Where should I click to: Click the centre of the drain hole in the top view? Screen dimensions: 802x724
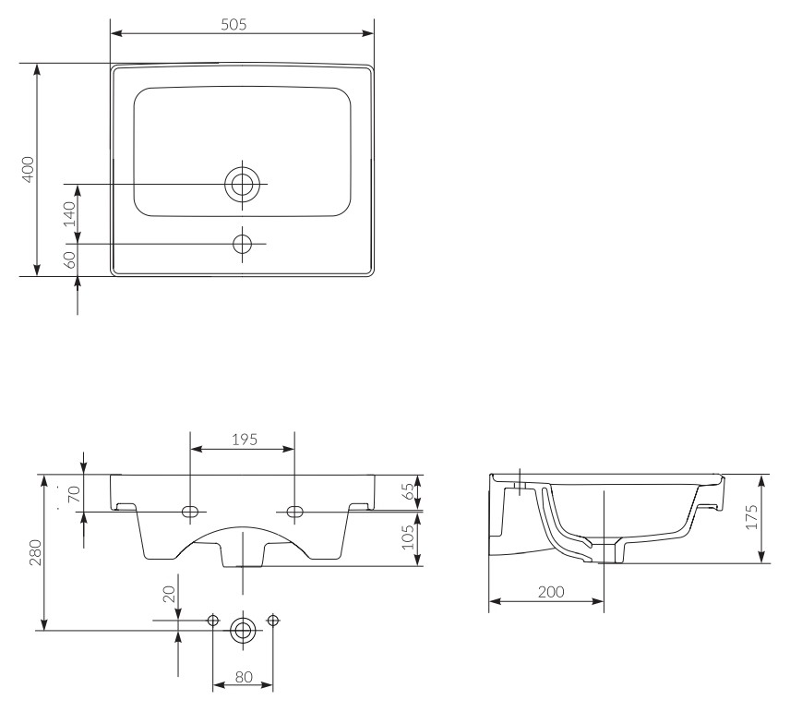click(243, 183)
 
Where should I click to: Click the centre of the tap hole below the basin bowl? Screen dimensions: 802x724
click(243, 244)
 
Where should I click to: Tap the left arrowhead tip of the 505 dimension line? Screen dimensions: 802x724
click(111, 33)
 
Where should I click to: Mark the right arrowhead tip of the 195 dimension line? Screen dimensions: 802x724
click(294, 449)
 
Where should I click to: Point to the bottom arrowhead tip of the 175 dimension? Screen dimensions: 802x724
click(762, 562)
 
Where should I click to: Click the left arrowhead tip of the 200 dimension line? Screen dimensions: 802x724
click(489, 601)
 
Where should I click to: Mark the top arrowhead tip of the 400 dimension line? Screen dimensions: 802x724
click(37, 64)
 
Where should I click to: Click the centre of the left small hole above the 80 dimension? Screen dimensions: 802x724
click(213, 621)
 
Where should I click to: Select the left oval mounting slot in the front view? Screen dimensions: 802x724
click(190, 511)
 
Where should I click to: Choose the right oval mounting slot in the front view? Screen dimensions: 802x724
click(294, 511)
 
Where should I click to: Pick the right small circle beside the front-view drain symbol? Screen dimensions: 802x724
click(273, 621)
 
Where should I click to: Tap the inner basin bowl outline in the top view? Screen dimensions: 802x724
click(243, 151)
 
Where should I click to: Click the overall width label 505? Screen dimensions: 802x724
click(233, 24)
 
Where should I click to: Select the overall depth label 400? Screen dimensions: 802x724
click(28, 169)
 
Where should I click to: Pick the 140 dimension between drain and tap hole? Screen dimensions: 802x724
click(69, 214)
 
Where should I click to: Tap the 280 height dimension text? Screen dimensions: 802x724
click(36, 552)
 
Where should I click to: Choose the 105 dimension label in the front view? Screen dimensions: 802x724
click(408, 537)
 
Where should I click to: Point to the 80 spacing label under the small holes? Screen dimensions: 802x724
click(244, 677)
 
